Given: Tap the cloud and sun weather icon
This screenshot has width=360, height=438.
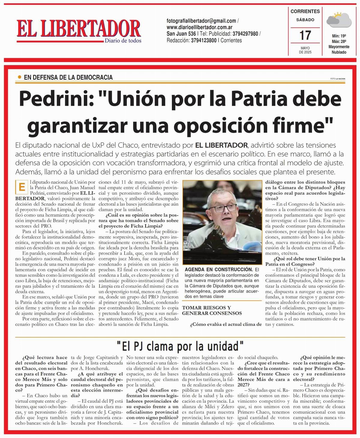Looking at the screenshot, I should (339, 19).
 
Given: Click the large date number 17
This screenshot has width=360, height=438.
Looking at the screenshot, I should (305, 35).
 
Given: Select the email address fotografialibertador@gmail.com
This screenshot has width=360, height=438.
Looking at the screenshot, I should (201, 21).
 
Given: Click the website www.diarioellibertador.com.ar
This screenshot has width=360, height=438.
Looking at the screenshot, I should (199, 27).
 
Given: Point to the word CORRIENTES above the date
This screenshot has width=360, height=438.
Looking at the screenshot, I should (305, 11).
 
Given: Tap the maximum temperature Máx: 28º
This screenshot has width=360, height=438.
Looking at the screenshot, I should (339, 41).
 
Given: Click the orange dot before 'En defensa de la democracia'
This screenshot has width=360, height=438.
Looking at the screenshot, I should (19, 77).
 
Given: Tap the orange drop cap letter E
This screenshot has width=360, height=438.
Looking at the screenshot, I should (22, 187).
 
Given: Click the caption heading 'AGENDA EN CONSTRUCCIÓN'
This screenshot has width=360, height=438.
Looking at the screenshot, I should (219, 270).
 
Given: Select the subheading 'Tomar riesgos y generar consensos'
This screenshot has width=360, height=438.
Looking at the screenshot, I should (212, 310).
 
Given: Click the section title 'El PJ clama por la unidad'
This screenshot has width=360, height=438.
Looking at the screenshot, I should (180, 347).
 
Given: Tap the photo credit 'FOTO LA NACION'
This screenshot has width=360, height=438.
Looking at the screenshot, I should (337, 79).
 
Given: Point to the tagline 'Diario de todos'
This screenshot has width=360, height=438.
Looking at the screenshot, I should (123, 40).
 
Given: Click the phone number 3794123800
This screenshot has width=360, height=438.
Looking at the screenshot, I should (204, 40).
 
